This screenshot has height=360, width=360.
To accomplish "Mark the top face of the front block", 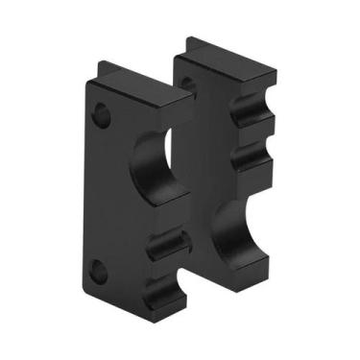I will [x=144, y=88].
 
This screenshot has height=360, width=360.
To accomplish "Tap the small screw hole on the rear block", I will [x=188, y=84].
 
